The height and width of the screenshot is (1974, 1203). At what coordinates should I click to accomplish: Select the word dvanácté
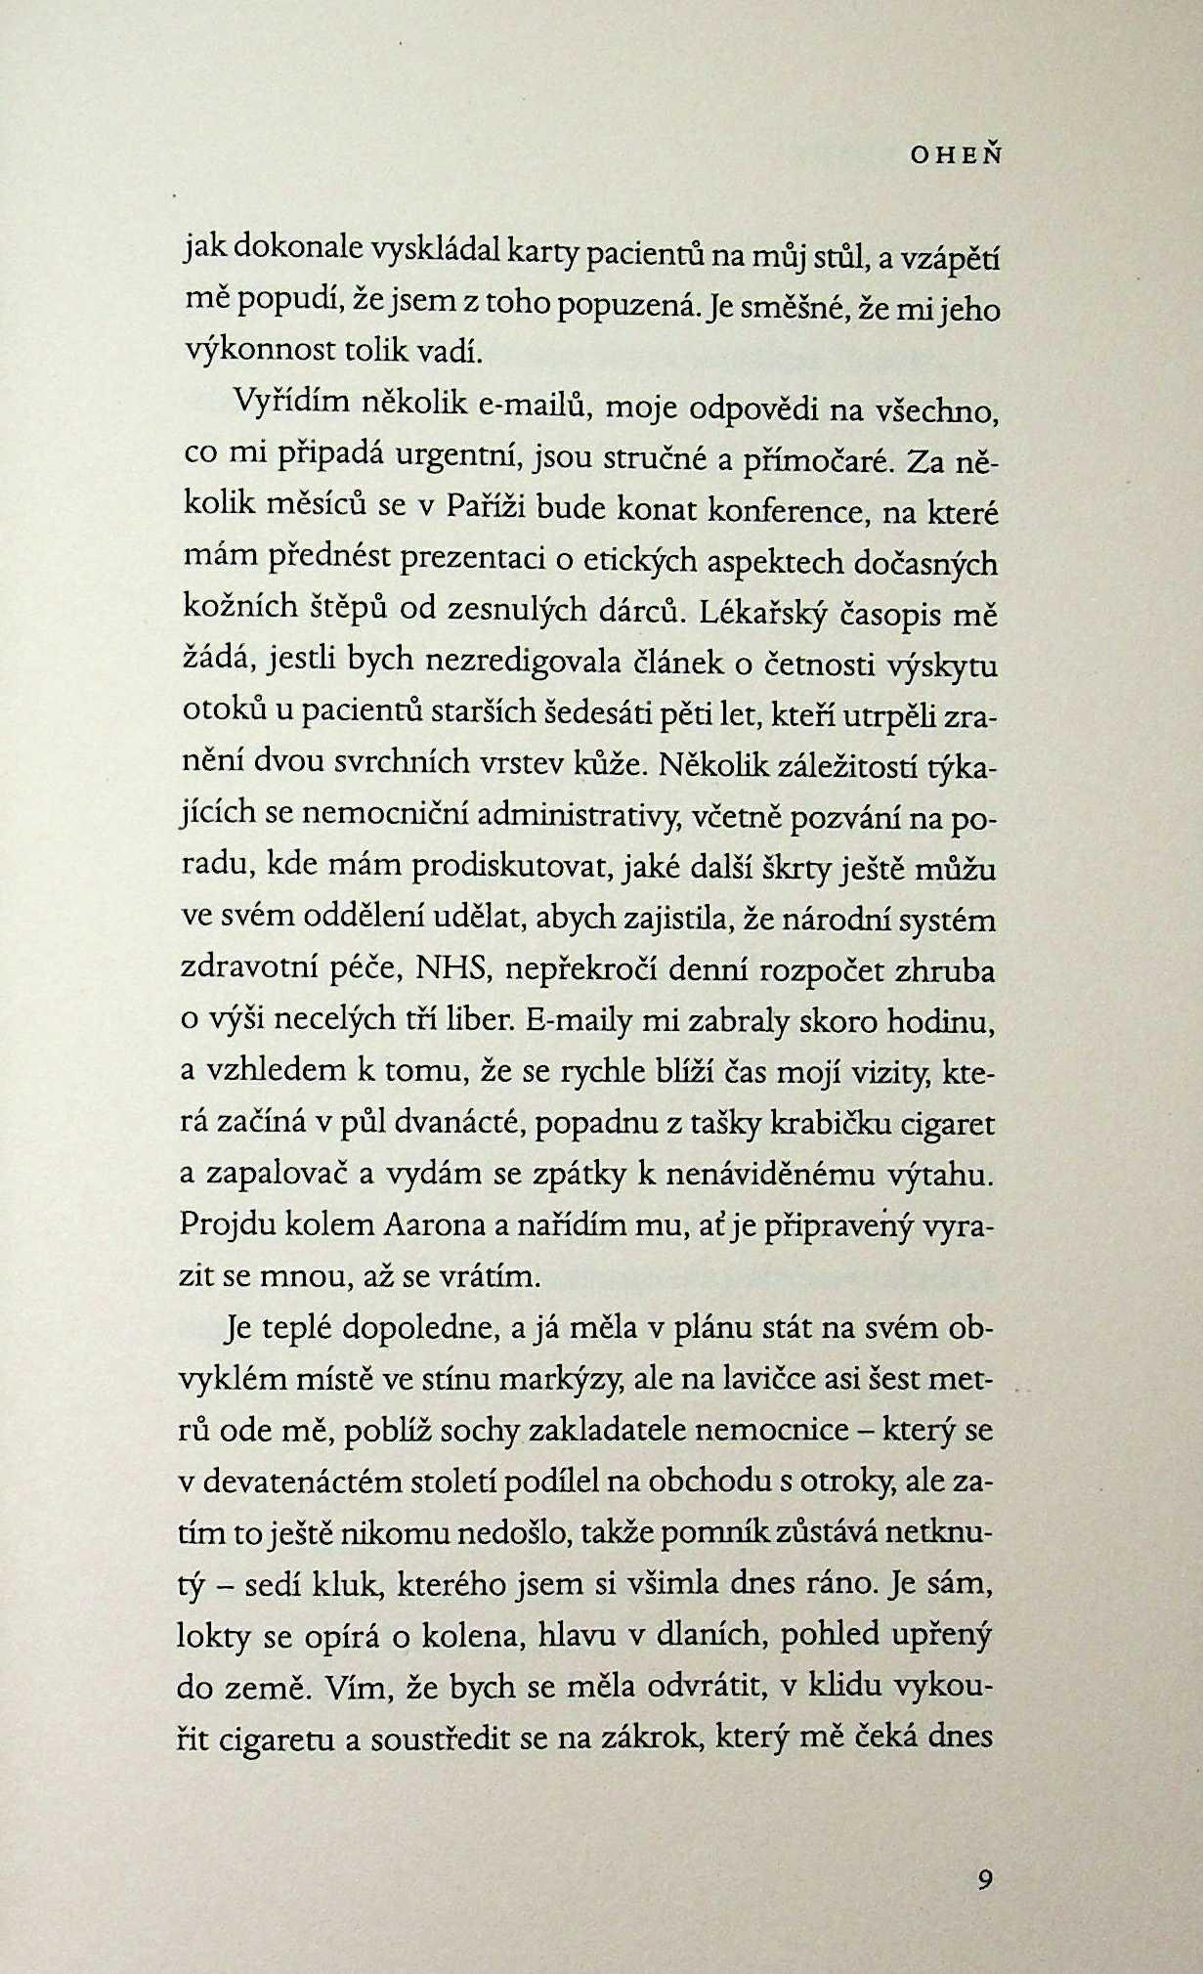coord(459,1125)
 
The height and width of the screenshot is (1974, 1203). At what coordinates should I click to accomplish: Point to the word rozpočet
coord(833,972)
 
